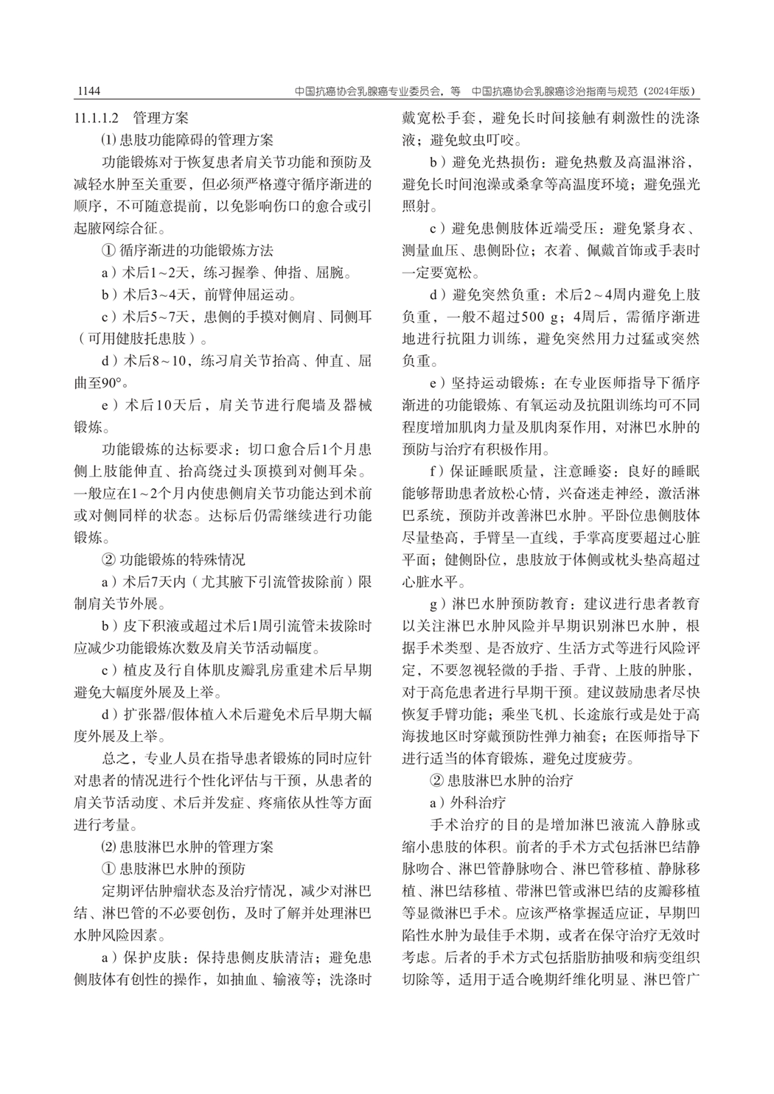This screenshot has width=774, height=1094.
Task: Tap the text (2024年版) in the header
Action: tap(669, 91)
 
